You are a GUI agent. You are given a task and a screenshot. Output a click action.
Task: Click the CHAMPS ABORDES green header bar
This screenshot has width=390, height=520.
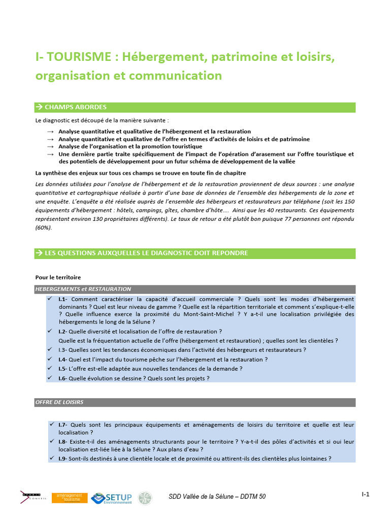[x=195, y=107]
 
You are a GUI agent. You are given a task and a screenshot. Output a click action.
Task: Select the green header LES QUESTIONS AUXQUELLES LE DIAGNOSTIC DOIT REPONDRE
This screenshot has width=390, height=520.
[x=195, y=253]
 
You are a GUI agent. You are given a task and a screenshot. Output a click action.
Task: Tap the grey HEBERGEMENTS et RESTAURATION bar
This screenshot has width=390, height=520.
[x=195, y=289]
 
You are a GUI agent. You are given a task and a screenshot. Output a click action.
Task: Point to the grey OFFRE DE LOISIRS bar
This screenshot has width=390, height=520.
[x=195, y=402]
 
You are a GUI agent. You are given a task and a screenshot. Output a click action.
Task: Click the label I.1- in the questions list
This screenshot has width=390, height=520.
[x=63, y=299]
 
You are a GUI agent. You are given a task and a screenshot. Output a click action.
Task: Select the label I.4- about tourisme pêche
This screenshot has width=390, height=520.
[x=63, y=360]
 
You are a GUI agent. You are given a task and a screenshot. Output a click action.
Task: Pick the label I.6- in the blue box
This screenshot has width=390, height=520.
[x=63, y=378]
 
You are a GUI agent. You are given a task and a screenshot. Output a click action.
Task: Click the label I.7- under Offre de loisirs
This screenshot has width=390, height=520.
[x=63, y=425]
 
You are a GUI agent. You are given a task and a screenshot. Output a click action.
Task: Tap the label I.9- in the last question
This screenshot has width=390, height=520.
[x=63, y=459]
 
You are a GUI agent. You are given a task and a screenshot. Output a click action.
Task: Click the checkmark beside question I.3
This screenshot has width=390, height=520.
[x=49, y=349]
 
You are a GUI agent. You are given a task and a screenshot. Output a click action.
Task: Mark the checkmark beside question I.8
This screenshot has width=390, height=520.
[x=52, y=441]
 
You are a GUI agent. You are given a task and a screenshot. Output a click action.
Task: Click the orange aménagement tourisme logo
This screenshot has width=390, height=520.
[x=69, y=498]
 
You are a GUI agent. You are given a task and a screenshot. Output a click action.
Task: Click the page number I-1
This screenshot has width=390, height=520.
[x=365, y=494]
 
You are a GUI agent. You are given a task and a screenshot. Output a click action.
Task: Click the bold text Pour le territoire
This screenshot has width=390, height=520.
[x=58, y=278]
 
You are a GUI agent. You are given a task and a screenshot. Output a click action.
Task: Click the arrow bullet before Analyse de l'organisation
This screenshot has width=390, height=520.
[x=50, y=147]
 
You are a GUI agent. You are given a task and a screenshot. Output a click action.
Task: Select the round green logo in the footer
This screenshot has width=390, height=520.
[x=145, y=498]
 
